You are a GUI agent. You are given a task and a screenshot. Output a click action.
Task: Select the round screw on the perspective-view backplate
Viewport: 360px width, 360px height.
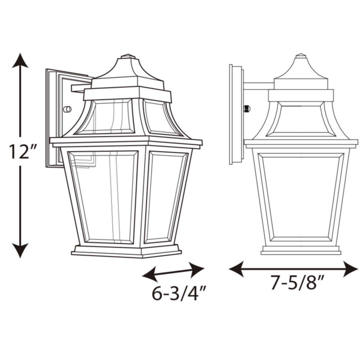tap(67, 109)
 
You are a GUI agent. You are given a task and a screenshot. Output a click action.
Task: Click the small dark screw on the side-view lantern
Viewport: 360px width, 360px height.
tap(246, 108)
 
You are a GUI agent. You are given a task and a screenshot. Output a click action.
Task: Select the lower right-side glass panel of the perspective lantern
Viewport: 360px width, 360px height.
tap(167, 195)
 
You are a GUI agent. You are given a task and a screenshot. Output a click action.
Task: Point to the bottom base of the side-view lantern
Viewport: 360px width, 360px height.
tap(300, 249)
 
